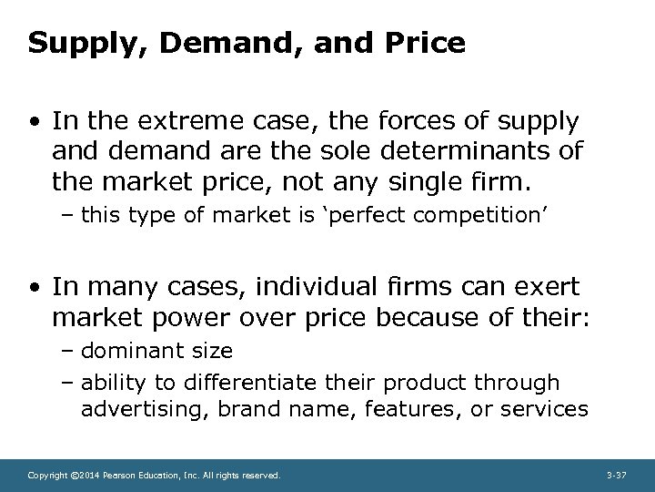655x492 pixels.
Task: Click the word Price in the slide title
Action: (421, 44)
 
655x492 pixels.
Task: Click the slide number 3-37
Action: (617, 475)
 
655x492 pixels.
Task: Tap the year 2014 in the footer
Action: (85, 475)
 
